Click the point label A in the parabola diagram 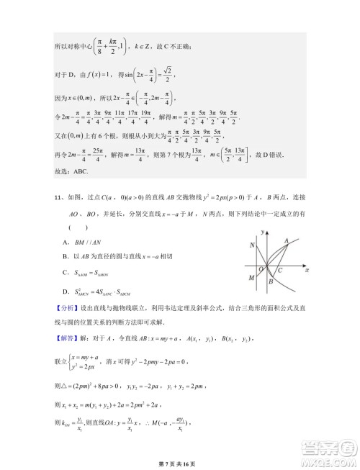[287, 241]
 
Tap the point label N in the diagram [253, 245]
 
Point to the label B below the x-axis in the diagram [270, 282]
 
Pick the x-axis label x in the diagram [307, 270]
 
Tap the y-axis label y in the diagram [265, 230]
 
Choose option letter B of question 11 [67, 256]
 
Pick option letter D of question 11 [67, 292]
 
